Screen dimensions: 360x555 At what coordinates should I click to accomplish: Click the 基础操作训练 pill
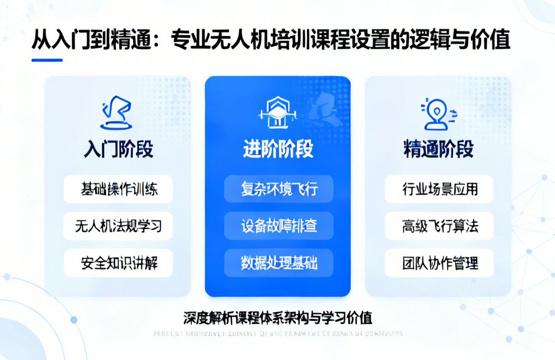coord(118,189)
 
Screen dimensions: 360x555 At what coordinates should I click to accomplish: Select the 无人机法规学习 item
coord(118,226)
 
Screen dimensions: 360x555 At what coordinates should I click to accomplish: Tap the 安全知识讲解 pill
coord(118,263)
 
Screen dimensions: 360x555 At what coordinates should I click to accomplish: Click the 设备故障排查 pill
coord(279,226)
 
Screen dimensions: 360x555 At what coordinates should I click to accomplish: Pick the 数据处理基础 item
coord(279,263)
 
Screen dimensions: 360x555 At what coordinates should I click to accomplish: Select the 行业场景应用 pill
coord(439,189)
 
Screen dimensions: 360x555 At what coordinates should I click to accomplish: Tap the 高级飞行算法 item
coord(439,226)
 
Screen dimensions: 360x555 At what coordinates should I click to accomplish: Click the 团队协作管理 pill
coord(439,263)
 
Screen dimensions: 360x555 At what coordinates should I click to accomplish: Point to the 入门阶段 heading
coord(118,150)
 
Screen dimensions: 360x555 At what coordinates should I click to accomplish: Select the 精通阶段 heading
coord(439,149)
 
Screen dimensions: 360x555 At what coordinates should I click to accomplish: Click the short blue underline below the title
coord(47,60)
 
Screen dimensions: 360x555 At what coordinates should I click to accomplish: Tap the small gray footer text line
coord(278,334)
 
